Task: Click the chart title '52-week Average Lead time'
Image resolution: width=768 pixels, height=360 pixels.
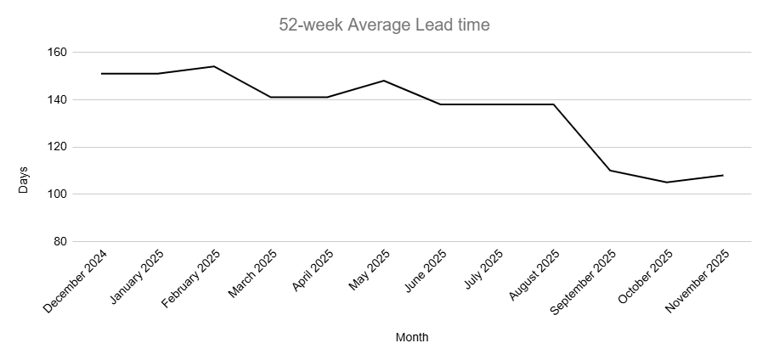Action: click(384, 25)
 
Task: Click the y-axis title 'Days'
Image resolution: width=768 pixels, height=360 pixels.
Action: click(24, 180)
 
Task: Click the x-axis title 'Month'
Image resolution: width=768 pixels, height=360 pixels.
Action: click(412, 337)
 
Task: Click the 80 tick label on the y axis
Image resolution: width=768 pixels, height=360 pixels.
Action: click(59, 241)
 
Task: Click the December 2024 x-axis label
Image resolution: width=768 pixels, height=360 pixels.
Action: click(76, 281)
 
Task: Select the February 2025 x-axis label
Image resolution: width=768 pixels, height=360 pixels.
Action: click(190, 281)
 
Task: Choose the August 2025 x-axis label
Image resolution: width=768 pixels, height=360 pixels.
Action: click(534, 277)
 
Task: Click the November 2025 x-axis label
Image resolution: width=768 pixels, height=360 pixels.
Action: click(698, 282)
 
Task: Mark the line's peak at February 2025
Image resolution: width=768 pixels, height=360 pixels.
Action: click(213, 66)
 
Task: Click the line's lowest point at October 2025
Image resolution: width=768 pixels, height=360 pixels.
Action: click(666, 182)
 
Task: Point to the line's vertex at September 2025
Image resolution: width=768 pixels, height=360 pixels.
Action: click(610, 171)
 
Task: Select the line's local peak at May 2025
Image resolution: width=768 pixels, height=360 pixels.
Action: click(383, 81)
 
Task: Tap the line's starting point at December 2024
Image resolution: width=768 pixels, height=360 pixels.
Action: click(101, 74)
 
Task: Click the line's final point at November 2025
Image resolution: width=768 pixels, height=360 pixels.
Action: click(723, 175)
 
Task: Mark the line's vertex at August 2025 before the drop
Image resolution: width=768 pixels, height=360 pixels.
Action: click(554, 104)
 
